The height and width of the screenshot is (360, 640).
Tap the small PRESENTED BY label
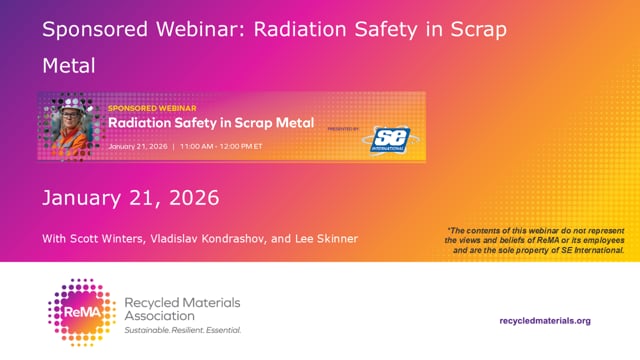[x=343, y=129]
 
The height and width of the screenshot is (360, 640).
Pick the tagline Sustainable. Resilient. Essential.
[x=182, y=329]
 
